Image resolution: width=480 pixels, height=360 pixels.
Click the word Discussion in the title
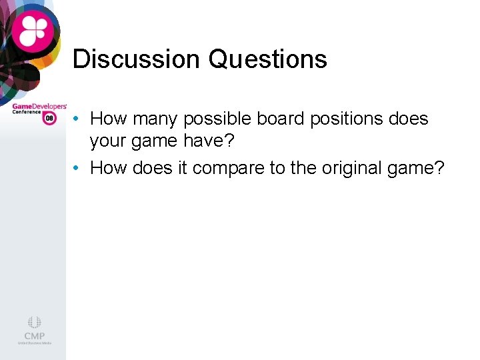pos(136,59)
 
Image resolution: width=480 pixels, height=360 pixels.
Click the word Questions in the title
pos(267,59)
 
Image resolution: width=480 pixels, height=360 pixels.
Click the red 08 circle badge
pos(49,118)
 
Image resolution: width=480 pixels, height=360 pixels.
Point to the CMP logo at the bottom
pos(34,331)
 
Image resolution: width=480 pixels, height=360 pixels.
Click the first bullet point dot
pos(78,119)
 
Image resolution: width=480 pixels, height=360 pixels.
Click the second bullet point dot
pos(78,169)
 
